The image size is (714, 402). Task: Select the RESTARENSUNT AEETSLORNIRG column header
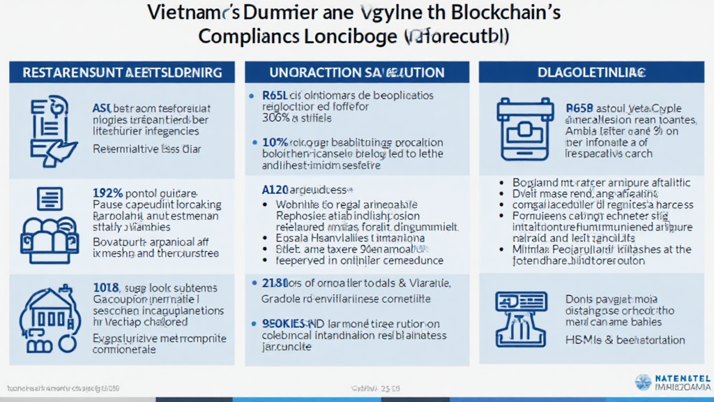click(x=123, y=72)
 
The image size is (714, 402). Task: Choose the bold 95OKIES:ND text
click(x=286, y=323)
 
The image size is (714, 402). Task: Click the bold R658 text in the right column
click(x=579, y=108)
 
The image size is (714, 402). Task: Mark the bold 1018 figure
click(x=106, y=287)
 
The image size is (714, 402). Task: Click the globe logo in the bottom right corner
click(x=643, y=382)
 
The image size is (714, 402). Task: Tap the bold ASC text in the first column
click(x=102, y=108)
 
